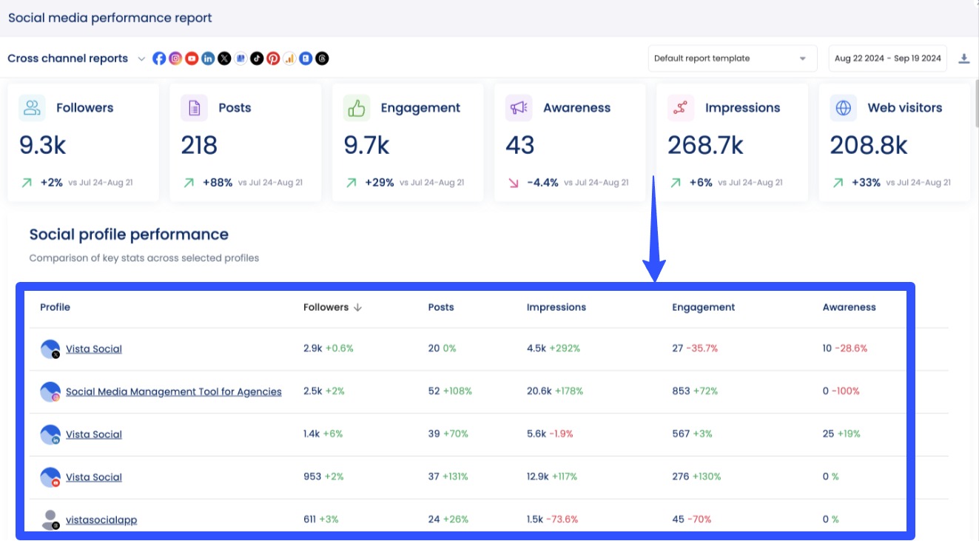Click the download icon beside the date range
[963, 58]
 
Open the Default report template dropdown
[731, 58]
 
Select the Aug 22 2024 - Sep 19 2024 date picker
[887, 58]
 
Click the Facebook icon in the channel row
[159, 58]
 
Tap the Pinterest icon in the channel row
[273, 58]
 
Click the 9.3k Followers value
[43, 146]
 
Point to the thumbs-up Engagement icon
[357, 108]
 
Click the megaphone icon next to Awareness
[519, 108]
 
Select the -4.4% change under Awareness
[542, 183]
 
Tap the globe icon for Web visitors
[843, 108]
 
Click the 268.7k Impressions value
[705, 146]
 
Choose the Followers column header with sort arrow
[332, 307]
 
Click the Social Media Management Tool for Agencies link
[173, 392]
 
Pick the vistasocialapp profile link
[101, 520]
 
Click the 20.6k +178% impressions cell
[554, 392]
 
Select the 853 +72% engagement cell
[694, 392]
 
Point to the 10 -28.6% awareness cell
[844, 349]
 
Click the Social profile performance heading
[129, 235]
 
